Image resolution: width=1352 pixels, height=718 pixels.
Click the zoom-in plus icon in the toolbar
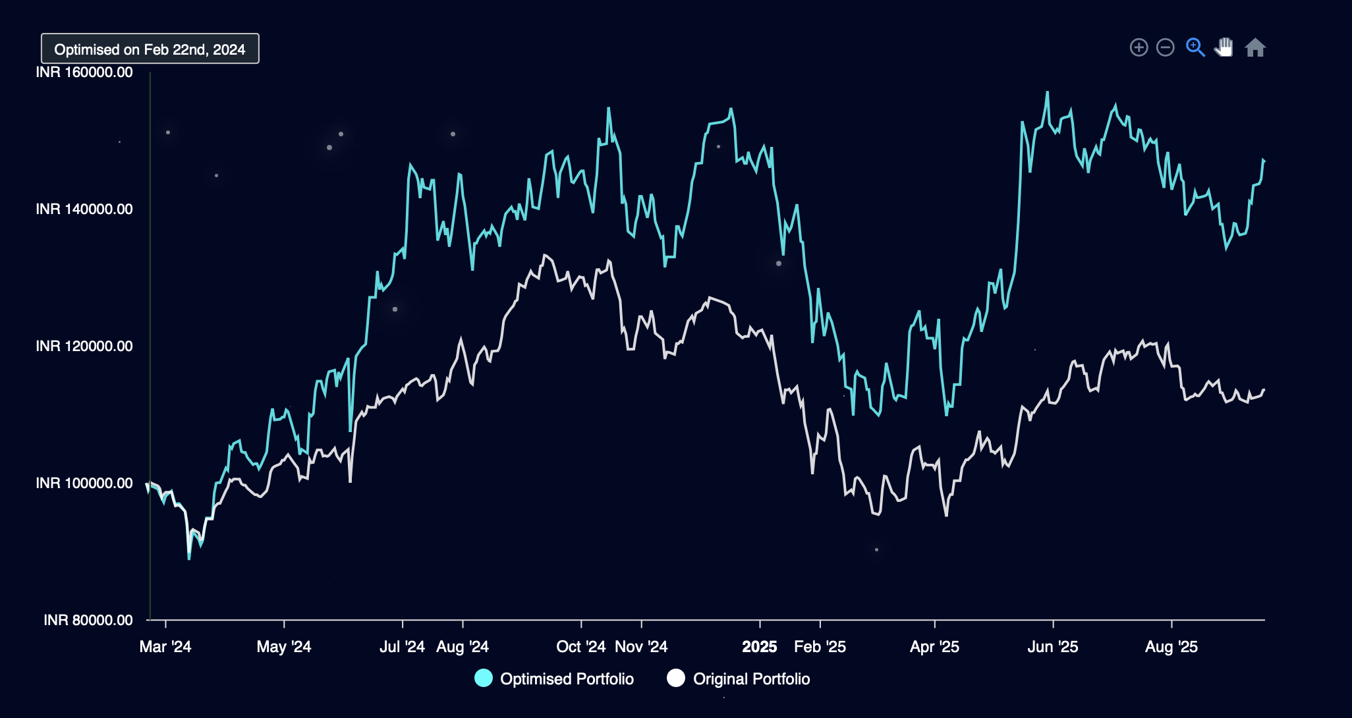pos(1139,47)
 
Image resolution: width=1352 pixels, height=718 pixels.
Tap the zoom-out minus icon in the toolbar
pos(1166,47)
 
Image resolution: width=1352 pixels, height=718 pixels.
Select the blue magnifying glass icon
pos(1195,47)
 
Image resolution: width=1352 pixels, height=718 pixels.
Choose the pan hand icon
pos(1224,47)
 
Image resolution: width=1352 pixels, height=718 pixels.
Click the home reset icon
pos(1255,47)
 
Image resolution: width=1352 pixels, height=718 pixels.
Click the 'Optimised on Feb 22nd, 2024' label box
pos(150,49)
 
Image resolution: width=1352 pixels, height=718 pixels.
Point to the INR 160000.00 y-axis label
pos(84,72)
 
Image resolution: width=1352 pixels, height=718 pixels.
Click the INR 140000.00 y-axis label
pos(84,209)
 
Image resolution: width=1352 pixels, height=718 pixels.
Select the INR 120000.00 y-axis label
pos(84,346)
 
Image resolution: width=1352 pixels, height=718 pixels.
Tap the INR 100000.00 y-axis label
pos(84,483)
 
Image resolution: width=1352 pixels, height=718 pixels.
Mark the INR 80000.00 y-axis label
pos(88,621)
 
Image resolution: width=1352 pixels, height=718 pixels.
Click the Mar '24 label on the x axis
pos(165,647)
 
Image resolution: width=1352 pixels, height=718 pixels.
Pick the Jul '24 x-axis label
pos(402,647)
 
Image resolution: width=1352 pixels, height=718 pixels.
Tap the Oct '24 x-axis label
pos(580,647)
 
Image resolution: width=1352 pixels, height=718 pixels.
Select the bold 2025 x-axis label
pos(760,647)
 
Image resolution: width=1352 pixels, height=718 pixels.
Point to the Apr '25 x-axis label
pos(934,647)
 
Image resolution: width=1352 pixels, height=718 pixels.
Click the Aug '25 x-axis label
pos(1171,647)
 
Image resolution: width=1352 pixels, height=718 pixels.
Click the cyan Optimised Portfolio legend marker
pos(484,678)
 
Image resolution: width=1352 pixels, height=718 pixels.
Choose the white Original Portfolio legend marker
pos(676,678)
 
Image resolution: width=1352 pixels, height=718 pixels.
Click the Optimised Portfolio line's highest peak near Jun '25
pos(1047,93)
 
